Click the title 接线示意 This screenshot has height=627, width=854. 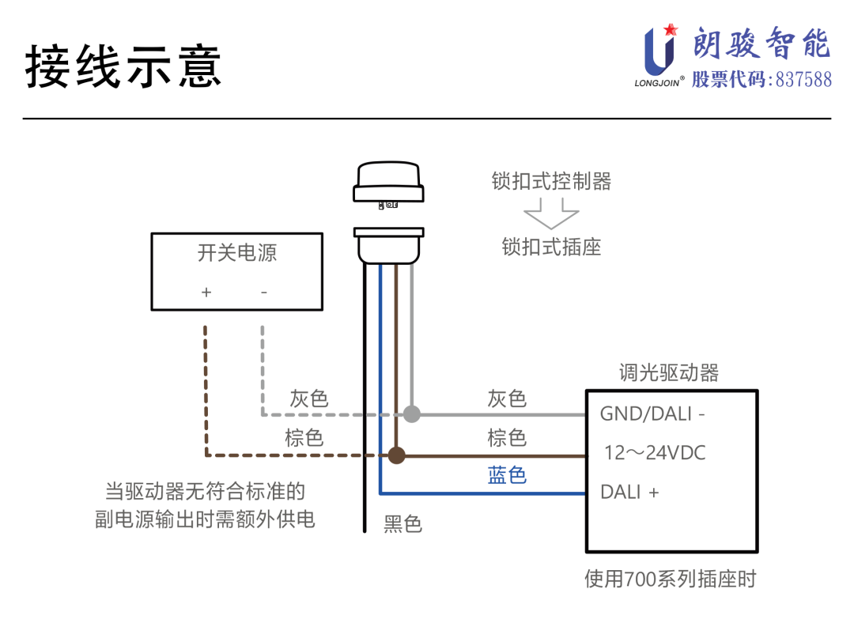click(123, 66)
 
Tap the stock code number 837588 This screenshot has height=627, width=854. click(803, 79)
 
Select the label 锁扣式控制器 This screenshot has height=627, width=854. click(551, 181)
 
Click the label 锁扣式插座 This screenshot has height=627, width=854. click(551, 247)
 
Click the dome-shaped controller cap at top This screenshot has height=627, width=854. click(389, 181)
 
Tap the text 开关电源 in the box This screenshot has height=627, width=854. click(236, 253)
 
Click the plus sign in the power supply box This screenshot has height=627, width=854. click(206, 292)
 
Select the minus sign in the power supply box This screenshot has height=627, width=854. click(264, 292)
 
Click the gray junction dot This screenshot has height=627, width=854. click(411, 414)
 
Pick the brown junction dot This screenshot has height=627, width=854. click(396, 455)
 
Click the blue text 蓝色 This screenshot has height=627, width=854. click(507, 474)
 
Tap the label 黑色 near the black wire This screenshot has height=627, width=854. click(402, 523)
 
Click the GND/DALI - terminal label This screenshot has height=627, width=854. click(652, 414)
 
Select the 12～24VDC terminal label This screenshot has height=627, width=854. click(655, 453)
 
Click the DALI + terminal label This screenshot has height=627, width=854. click(629, 492)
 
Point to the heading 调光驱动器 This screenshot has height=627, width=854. click(669, 372)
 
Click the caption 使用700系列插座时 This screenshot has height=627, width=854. click(670, 579)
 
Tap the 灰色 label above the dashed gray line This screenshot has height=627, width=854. click(308, 398)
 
